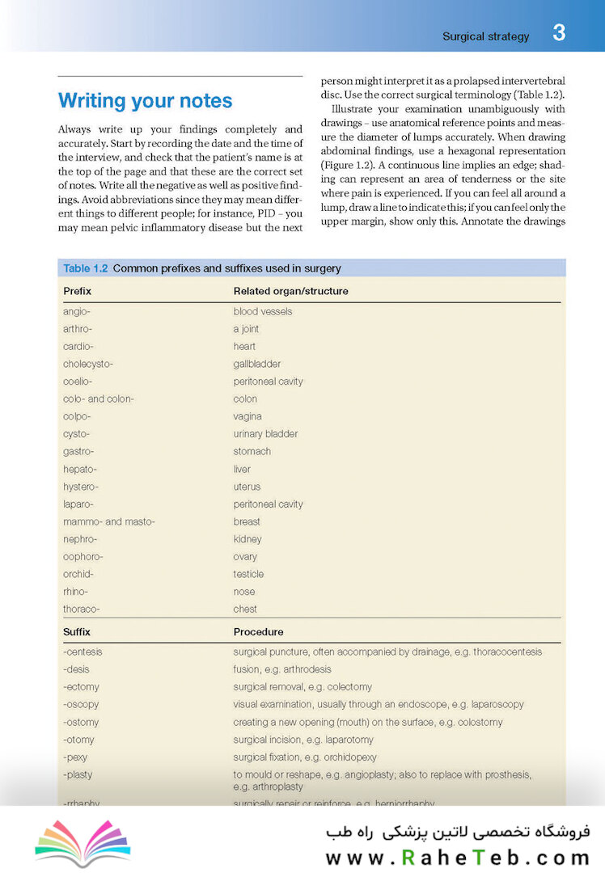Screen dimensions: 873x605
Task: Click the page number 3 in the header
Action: [559, 33]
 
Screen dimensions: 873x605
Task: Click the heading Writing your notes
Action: [145, 101]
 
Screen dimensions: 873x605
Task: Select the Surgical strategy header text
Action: [485, 36]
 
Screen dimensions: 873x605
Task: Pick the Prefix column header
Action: [77, 291]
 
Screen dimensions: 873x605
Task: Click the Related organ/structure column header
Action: [290, 291]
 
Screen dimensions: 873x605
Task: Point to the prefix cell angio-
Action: [77, 311]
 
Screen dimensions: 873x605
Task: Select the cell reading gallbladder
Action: [257, 364]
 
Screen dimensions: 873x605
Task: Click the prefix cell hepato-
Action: [80, 469]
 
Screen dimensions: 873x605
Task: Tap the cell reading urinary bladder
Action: [265, 434]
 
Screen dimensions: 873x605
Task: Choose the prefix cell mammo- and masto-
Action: [108, 521]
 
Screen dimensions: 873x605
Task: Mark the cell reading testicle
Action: [248, 574]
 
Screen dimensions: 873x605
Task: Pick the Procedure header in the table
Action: [258, 631]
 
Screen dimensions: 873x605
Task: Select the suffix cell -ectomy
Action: [82, 687]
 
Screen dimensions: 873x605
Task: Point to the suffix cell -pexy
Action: [75, 757]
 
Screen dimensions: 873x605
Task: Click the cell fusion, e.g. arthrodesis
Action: [282, 669]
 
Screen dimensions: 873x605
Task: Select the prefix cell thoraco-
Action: [82, 609]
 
